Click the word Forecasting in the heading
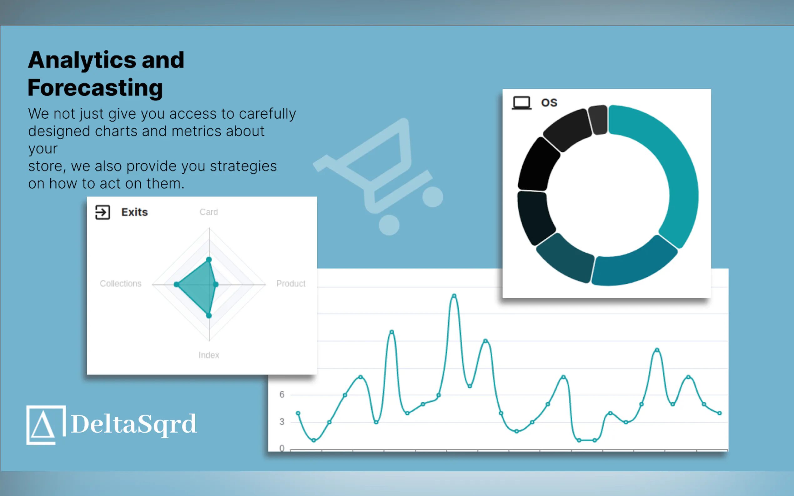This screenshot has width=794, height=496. (x=95, y=87)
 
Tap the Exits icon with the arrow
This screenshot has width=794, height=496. (x=103, y=212)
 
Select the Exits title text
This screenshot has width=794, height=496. (x=135, y=212)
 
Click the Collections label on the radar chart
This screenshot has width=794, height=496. (x=120, y=283)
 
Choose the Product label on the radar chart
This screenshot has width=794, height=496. (x=291, y=283)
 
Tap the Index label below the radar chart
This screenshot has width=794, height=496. (x=209, y=355)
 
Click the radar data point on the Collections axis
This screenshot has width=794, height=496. (x=177, y=285)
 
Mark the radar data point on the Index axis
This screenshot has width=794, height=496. (x=209, y=315)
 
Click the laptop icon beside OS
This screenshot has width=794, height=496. (x=521, y=103)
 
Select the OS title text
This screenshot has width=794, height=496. (x=549, y=103)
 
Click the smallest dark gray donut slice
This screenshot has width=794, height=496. (x=598, y=120)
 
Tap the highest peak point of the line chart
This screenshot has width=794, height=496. (x=454, y=296)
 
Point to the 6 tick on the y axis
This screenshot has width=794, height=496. (x=282, y=394)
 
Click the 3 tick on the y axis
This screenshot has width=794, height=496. (x=282, y=422)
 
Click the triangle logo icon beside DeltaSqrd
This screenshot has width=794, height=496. (x=46, y=425)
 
